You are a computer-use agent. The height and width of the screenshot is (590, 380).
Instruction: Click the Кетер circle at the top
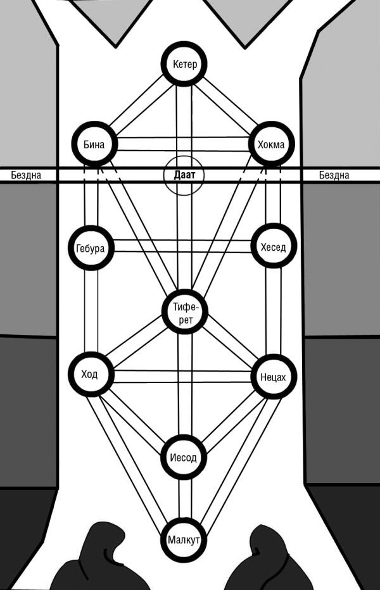point(184,65)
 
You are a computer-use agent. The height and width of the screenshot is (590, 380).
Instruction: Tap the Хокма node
point(271,144)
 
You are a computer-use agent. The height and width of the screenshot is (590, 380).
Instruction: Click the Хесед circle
point(273,247)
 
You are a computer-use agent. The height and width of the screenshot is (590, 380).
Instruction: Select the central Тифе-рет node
point(185,312)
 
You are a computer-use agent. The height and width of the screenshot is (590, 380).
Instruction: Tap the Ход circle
point(91,374)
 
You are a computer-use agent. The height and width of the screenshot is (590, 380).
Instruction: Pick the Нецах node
point(273,377)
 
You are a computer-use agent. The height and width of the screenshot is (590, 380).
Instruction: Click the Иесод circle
point(183,457)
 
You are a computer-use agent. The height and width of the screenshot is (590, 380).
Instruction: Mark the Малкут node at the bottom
point(184,540)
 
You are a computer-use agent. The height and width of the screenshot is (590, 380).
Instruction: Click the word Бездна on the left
point(26,175)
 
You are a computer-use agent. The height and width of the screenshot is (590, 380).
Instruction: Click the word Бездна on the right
point(334,175)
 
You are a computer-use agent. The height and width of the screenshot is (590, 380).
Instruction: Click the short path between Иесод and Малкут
point(184,499)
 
